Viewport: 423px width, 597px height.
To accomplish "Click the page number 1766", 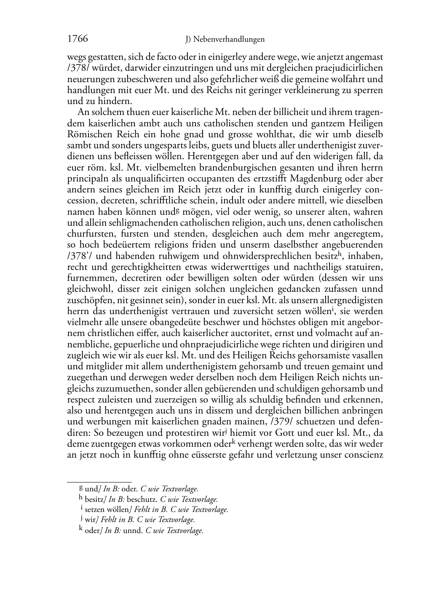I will point(78,39).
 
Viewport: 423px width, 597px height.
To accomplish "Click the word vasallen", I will point(367,355).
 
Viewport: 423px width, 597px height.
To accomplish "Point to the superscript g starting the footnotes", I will point(81,488).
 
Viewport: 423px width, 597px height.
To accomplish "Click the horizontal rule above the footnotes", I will point(99,481).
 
